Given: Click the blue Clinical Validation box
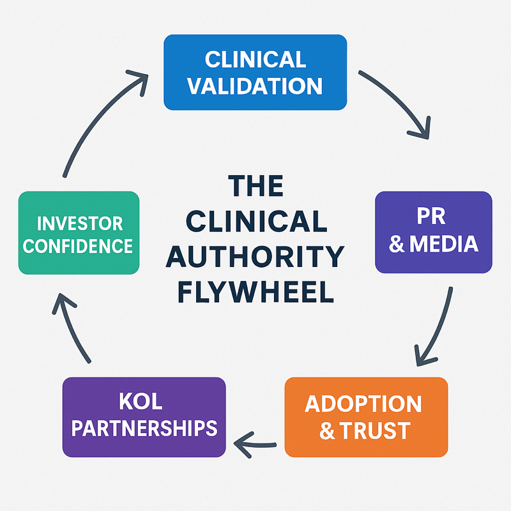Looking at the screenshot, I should [256, 72].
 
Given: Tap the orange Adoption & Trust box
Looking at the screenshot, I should [366, 416].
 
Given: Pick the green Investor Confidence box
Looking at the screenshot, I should [79, 233].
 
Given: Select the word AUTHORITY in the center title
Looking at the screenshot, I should [256, 257].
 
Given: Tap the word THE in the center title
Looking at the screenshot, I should [256, 187].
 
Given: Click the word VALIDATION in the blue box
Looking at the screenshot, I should [256, 85].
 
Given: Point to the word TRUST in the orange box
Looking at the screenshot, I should [377, 431].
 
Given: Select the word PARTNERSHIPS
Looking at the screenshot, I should [144, 428].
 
